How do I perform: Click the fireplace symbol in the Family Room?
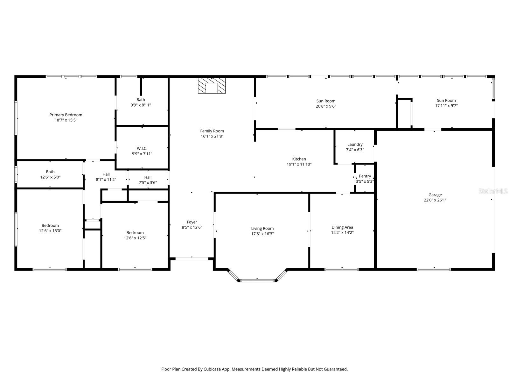[x=212, y=86]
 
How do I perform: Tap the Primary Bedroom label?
[x=66, y=115]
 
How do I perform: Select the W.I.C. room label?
[x=142, y=148]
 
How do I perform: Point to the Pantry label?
[x=365, y=176]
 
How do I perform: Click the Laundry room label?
[x=355, y=145]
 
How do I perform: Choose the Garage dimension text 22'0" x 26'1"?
[x=435, y=200]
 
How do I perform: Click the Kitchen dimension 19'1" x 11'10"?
[x=299, y=165]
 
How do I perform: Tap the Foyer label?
[x=192, y=222]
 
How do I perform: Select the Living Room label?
[x=262, y=229]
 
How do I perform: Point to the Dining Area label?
[x=342, y=228]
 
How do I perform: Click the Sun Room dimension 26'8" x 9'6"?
[x=326, y=106]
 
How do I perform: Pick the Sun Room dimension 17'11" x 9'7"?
[x=446, y=106]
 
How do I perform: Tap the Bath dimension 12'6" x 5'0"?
[x=50, y=177]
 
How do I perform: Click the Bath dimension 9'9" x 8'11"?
[x=141, y=105]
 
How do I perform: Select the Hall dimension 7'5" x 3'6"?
[x=148, y=183]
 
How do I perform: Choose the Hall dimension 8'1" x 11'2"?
[x=106, y=180]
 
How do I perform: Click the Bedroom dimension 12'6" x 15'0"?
[x=50, y=231]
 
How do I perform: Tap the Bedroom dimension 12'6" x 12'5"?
[x=135, y=238]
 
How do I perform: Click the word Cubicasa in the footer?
[x=212, y=369]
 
